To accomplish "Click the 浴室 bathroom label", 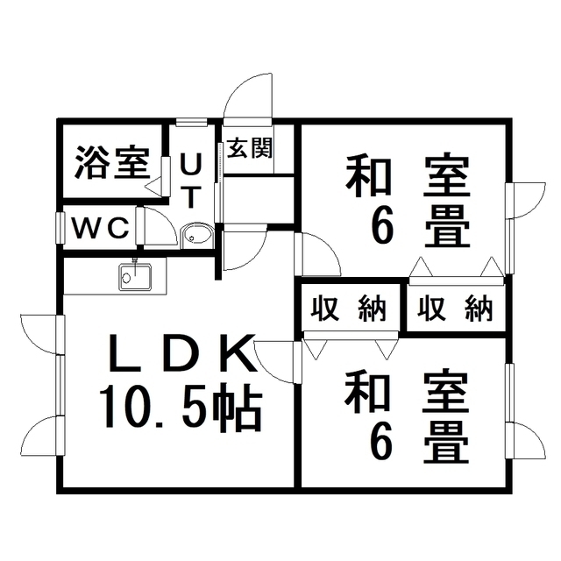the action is [x=112, y=163].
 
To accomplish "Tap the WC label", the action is [x=101, y=228].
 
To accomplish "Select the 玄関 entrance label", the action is [x=250, y=148].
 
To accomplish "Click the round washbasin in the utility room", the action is [x=196, y=235].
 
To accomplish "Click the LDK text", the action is [x=183, y=352].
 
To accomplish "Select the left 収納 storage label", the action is [x=349, y=309].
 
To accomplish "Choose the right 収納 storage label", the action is [x=455, y=309].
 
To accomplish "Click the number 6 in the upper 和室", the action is [x=382, y=225].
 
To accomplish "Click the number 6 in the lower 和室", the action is [x=381, y=443].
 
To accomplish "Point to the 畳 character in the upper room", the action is [x=447, y=226].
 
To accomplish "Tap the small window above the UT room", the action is [x=191, y=122].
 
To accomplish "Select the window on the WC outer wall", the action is [x=60, y=228].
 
